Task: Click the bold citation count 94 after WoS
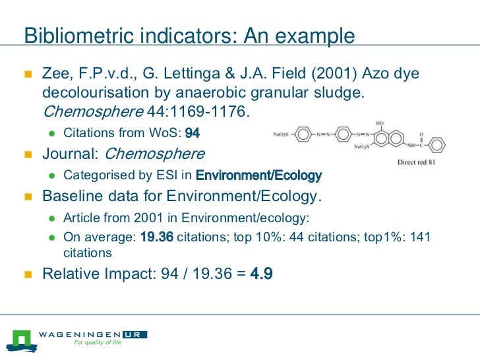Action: [x=193, y=133]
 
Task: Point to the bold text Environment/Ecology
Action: [x=259, y=175]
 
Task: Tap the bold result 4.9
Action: [x=261, y=273]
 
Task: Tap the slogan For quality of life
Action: [x=98, y=343]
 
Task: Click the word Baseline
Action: [x=70, y=196]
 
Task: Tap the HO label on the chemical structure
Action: [x=380, y=123]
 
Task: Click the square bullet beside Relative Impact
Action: [x=28, y=273]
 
